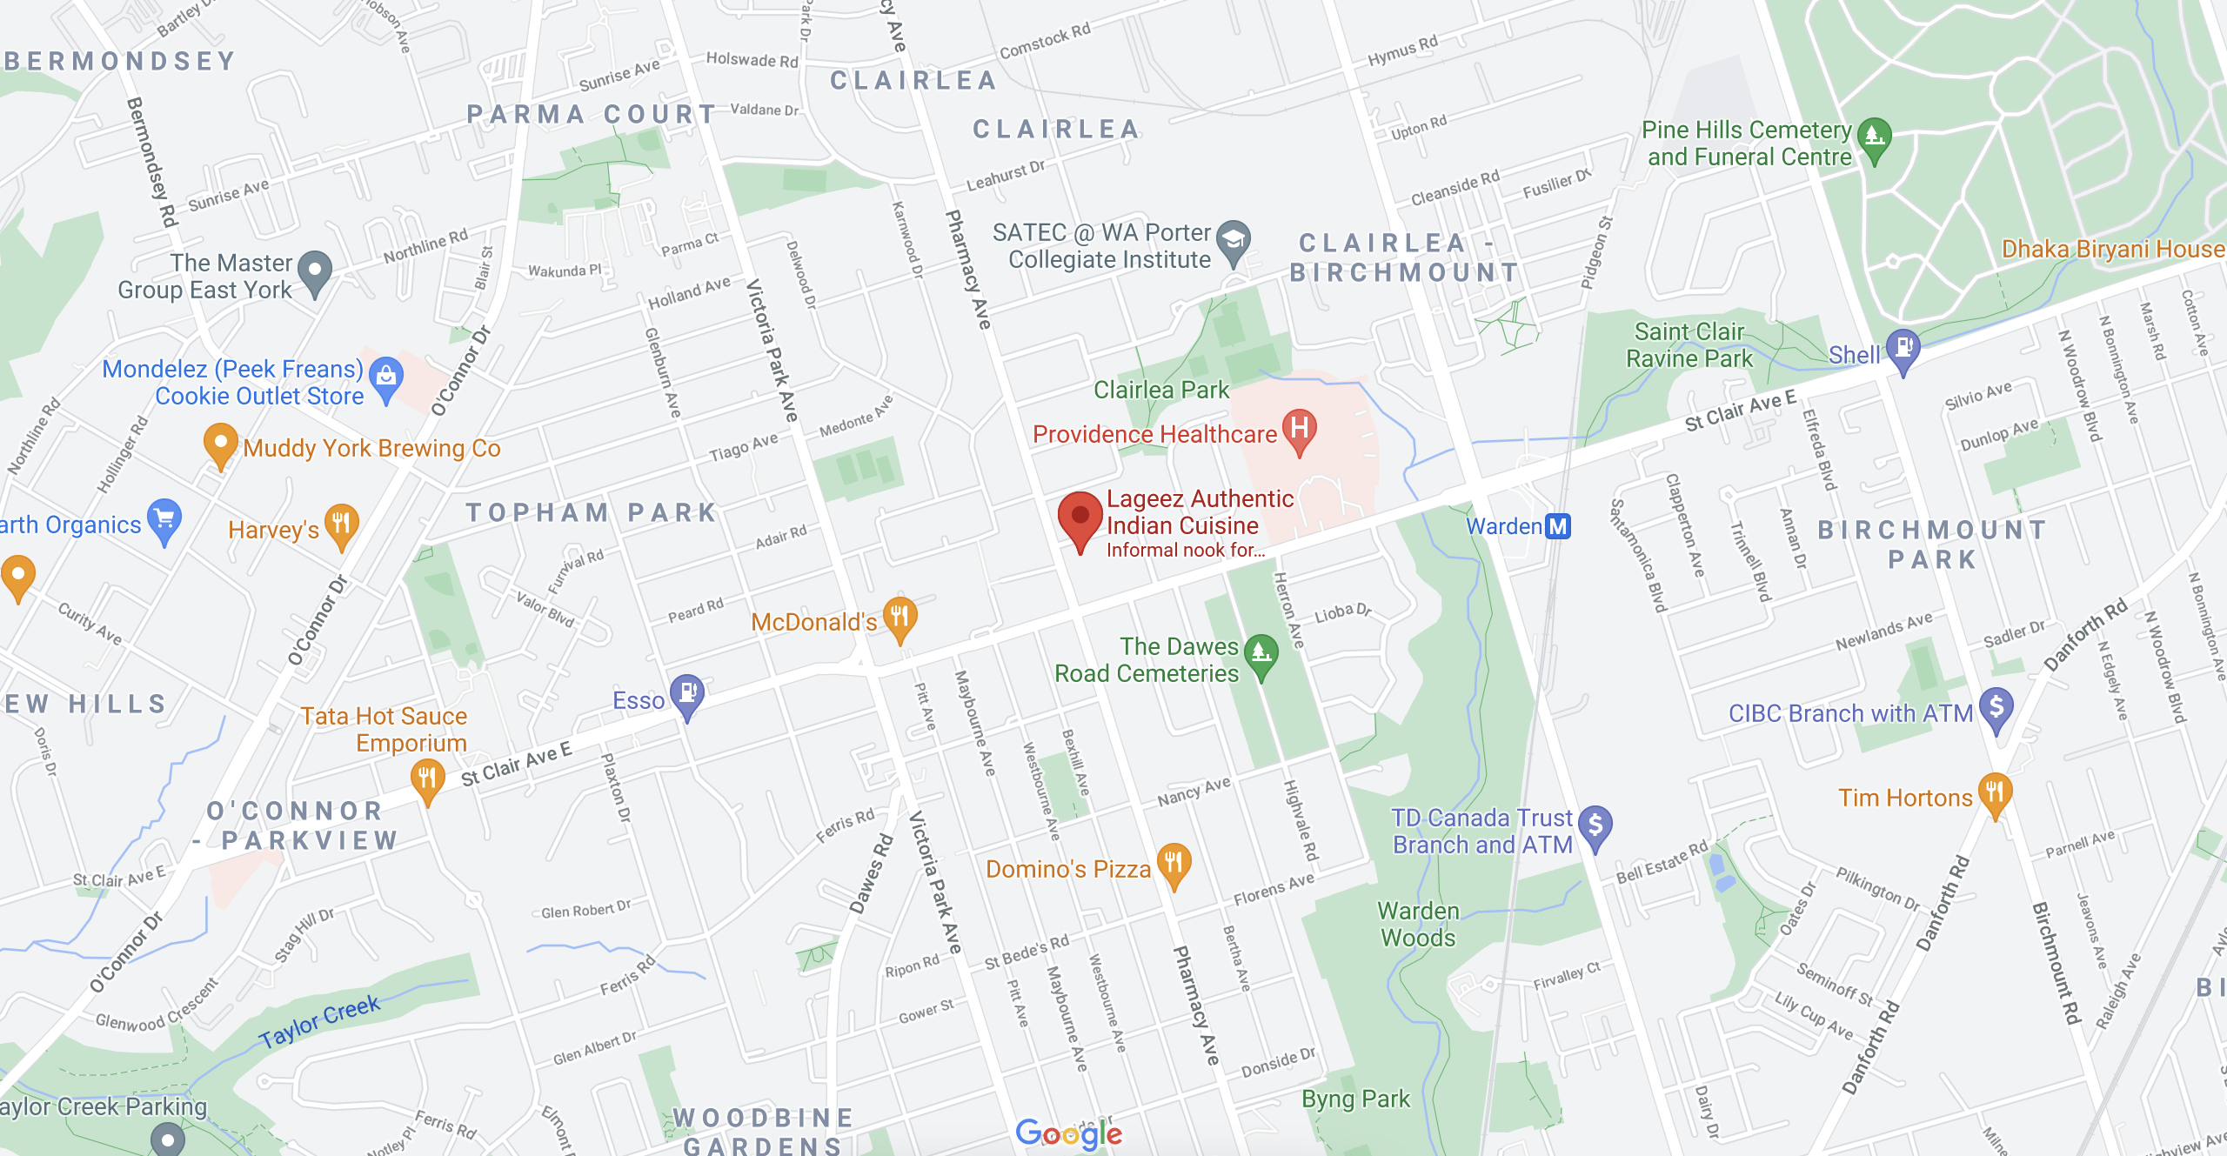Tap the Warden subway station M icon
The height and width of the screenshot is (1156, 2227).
1557,526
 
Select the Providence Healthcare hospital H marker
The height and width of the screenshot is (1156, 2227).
1299,429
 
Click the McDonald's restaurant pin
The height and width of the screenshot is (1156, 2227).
899,617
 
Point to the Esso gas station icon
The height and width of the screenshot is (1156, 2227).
686,694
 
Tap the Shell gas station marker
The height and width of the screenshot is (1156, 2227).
1903,349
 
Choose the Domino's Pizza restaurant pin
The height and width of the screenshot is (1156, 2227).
1174,864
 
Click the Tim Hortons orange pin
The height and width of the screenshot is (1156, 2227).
1995,792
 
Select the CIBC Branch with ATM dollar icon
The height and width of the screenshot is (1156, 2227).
1996,707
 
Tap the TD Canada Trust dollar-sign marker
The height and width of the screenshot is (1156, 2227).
1595,825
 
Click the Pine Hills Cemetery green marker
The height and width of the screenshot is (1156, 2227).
1874,137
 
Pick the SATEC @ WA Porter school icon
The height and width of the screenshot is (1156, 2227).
1233,240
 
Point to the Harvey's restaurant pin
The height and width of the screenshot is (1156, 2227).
341,524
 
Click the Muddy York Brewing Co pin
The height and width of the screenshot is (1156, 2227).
220,443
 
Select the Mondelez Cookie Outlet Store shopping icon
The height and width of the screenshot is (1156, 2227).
385,377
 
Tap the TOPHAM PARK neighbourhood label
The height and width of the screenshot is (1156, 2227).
591,513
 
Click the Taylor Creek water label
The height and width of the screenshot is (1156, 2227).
319,1021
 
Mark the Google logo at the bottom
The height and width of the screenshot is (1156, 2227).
1068,1133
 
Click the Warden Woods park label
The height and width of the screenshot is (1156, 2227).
1418,925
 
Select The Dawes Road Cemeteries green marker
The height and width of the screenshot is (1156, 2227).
1261,653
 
